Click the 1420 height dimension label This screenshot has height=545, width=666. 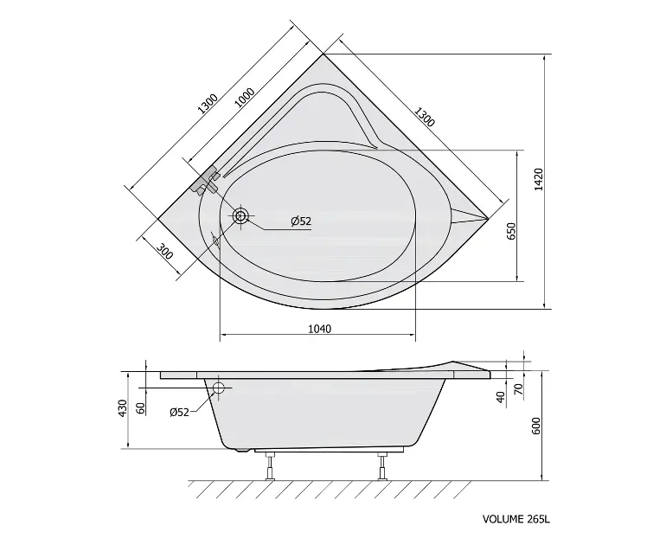(x=539, y=179)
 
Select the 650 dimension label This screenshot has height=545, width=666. (x=511, y=231)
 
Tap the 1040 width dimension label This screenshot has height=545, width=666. (x=319, y=329)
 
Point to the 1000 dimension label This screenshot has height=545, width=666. (x=245, y=99)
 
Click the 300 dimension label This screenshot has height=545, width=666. (x=165, y=251)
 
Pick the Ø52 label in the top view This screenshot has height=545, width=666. (x=301, y=221)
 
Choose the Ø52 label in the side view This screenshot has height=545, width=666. (x=179, y=412)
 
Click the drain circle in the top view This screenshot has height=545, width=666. (x=240, y=215)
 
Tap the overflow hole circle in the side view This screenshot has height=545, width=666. (x=219, y=388)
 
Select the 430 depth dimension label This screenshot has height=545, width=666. (x=122, y=407)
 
